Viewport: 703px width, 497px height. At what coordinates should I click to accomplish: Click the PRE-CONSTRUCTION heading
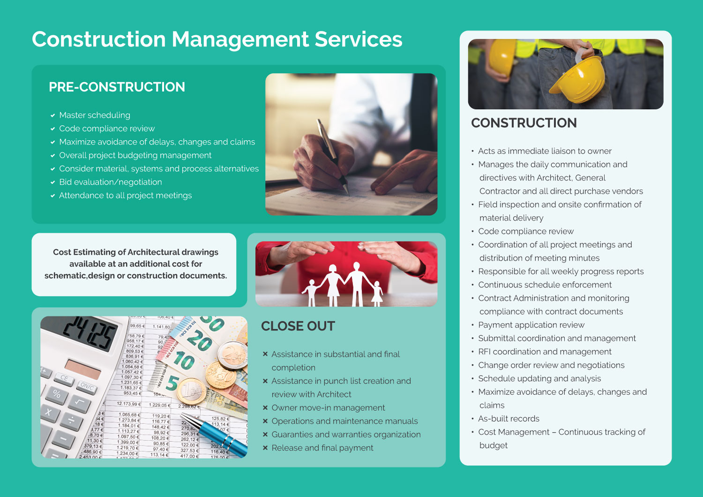pos(117,87)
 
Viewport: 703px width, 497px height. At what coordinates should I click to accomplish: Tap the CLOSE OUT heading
pos(298,326)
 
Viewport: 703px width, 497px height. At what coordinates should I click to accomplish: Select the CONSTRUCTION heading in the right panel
pos(524,123)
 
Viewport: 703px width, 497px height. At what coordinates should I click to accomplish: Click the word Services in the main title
pos(359,39)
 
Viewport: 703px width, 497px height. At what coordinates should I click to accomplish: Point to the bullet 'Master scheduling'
pos(95,115)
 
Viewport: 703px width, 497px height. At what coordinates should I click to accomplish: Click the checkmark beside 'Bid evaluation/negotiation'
pos(53,182)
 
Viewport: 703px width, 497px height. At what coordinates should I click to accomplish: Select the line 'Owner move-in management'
pos(328,408)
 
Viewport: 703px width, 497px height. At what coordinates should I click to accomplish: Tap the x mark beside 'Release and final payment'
pos(265,448)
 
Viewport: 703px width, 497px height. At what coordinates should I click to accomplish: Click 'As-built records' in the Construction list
pos(509,419)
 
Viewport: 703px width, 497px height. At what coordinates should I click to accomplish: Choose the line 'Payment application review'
pos(531,325)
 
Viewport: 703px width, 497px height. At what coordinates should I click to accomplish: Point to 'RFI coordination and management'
pos(545,352)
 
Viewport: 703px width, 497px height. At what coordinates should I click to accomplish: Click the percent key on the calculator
pos(57,394)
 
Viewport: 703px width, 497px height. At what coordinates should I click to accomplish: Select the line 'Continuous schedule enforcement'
pos(545,285)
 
